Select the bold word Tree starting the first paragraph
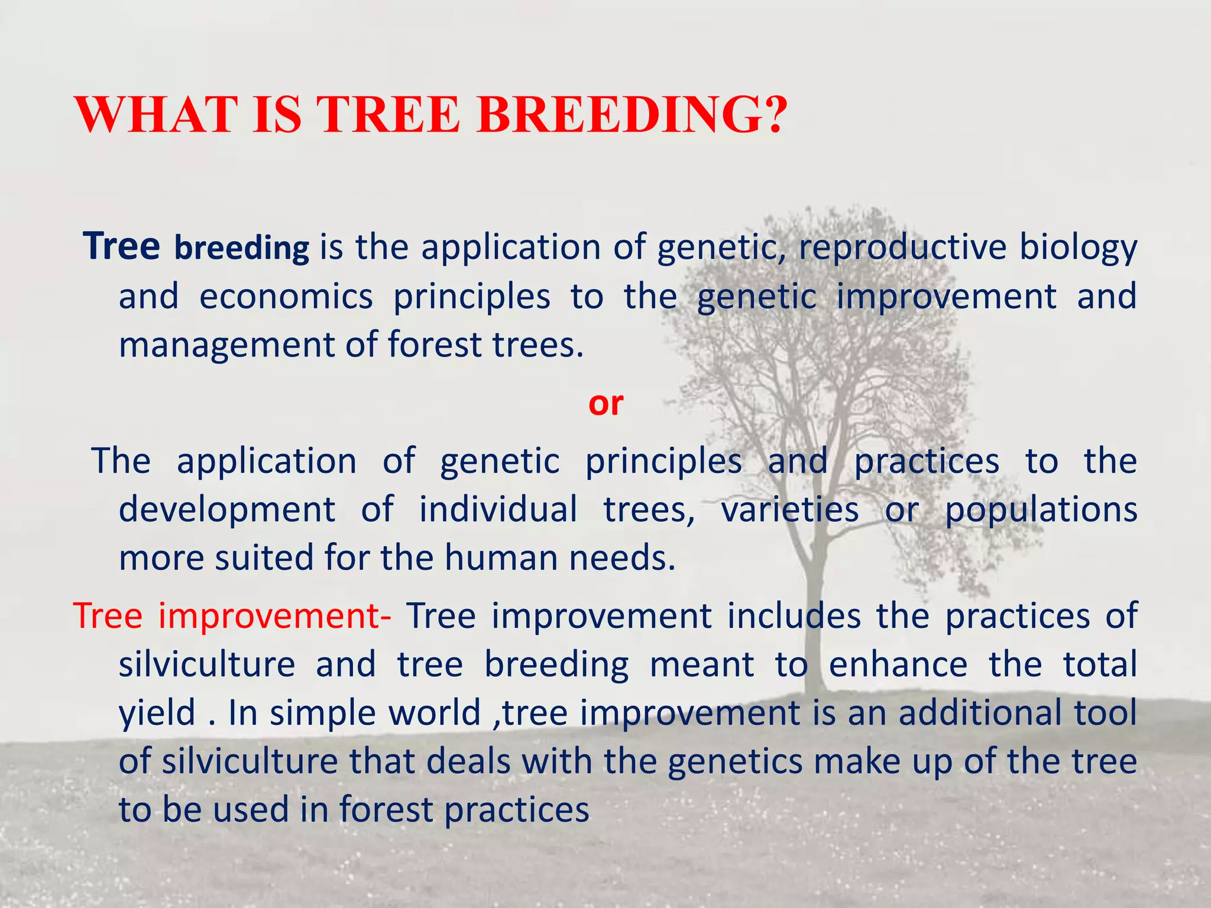click(x=121, y=246)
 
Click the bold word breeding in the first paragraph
click(x=241, y=248)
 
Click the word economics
click(x=286, y=296)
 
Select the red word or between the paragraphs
click(x=605, y=404)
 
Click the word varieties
click(x=789, y=510)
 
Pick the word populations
click(x=1041, y=511)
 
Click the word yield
click(x=157, y=713)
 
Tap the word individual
click(x=498, y=510)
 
